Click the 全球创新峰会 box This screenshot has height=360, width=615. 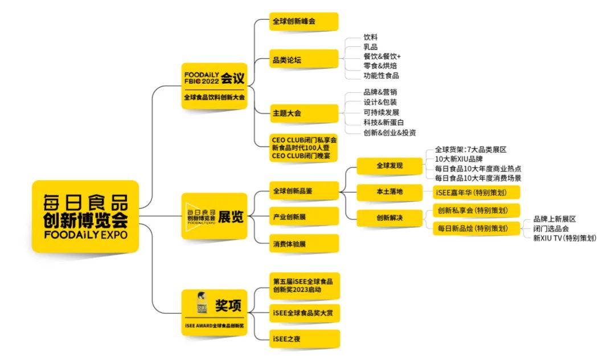click(304, 22)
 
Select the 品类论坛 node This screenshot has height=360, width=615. click(304, 58)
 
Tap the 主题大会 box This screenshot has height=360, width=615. click(304, 113)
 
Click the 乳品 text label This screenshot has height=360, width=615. click(371, 47)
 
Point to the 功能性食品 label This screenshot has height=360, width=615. click(381, 75)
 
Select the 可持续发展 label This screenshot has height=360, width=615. click(381, 112)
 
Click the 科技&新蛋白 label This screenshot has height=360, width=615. click(384, 122)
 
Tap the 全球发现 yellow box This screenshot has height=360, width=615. click(389, 166)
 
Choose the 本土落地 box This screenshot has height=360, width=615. click(389, 192)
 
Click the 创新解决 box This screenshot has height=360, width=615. click(389, 218)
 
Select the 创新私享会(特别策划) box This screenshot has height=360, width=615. click(476, 210)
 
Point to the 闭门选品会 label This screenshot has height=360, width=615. click(551, 228)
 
